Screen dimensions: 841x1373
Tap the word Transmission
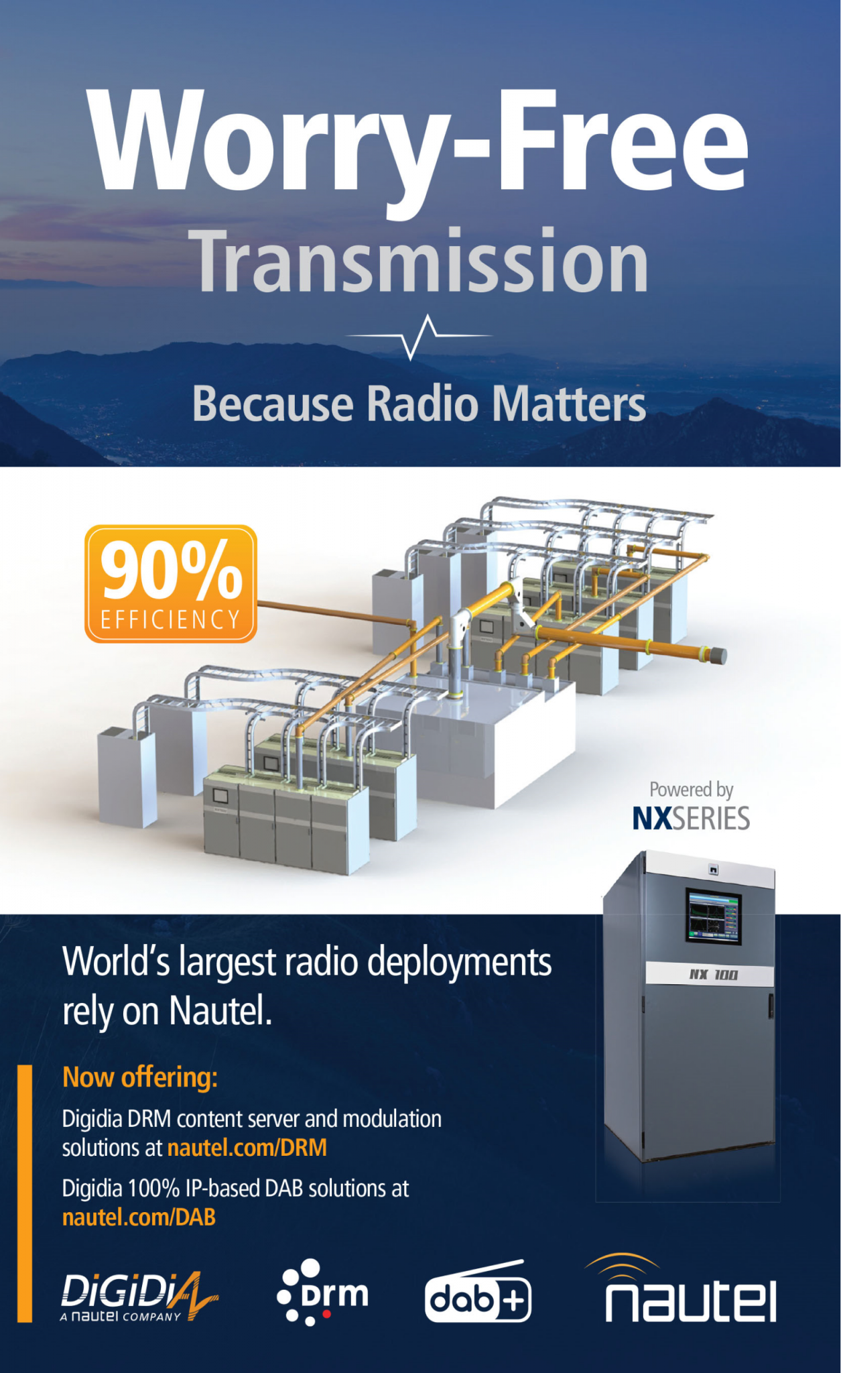coord(422,261)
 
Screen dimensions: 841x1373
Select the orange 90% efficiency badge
coord(171,584)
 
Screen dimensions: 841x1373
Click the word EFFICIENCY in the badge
coord(170,619)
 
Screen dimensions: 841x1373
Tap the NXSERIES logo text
coord(691,819)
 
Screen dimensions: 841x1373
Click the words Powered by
coord(691,790)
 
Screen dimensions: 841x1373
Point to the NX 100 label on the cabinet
coord(713,974)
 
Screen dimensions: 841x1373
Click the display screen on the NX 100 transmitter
coord(714,916)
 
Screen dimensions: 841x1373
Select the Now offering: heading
coord(140,1077)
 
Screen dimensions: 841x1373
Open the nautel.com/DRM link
coord(247,1148)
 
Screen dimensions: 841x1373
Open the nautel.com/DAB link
coord(139,1217)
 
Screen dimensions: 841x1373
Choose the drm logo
coord(322,1292)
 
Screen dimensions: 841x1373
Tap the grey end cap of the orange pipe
coord(717,655)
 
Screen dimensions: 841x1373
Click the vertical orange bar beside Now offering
coord(24,1193)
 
